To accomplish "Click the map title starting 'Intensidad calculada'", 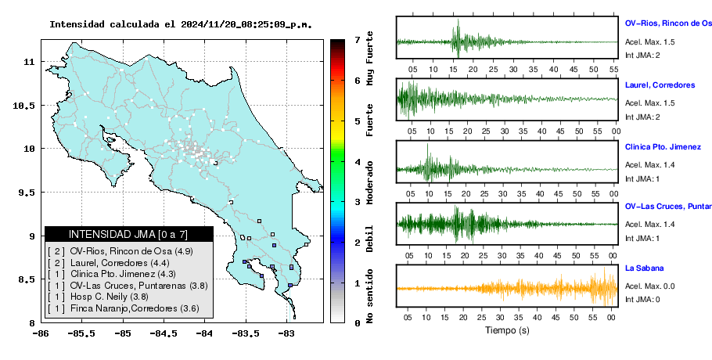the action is click(x=181, y=24).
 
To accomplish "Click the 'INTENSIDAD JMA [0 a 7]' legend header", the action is click(x=128, y=234).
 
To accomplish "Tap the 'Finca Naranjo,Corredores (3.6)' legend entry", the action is click(x=123, y=308).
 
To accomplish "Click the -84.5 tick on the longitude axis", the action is click(x=164, y=333).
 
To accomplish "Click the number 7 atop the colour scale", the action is click(x=358, y=40).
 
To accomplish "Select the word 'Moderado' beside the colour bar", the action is click(x=370, y=182).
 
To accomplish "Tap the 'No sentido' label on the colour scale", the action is click(x=370, y=296).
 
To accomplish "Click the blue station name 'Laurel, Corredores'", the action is click(x=660, y=85).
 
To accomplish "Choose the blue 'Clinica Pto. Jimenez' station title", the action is click(x=663, y=147).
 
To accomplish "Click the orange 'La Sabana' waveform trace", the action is click(x=507, y=288).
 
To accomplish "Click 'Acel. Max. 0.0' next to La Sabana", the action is click(x=649, y=286).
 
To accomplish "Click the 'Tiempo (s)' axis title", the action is click(x=507, y=330).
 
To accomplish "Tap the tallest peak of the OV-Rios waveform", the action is click(x=458, y=20).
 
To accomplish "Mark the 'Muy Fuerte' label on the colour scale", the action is click(x=370, y=58).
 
